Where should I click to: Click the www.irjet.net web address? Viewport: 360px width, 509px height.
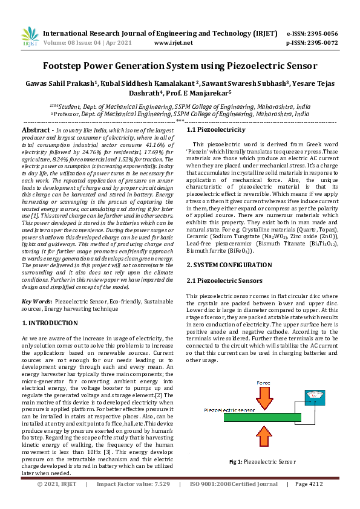tap(173, 43)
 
